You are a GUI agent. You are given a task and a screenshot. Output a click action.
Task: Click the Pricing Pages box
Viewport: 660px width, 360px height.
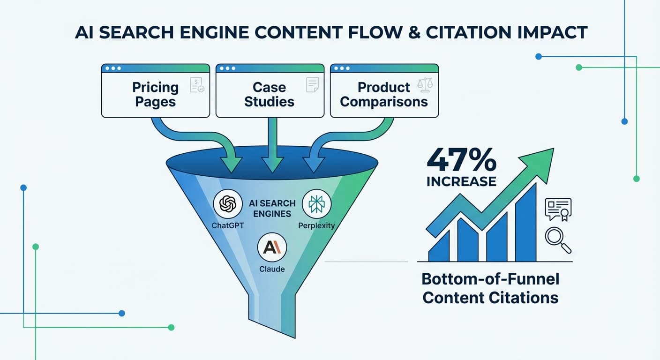(x=155, y=94)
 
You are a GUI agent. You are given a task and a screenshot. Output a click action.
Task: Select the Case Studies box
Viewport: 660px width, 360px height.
(x=270, y=94)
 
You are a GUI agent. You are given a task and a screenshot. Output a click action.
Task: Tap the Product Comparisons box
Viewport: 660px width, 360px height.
(x=384, y=94)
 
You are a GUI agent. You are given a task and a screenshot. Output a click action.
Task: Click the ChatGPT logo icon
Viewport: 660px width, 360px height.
(x=227, y=204)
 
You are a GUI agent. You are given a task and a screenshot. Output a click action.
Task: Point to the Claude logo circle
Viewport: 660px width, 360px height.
(x=272, y=247)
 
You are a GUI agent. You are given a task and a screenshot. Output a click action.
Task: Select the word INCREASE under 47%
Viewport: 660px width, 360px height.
(x=461, y=181)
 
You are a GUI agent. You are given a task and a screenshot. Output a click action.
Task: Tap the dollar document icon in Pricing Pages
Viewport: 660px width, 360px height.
(x=196, y=85)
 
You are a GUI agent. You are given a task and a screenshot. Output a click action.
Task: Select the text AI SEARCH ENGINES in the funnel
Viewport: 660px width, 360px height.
(x=272, y=209)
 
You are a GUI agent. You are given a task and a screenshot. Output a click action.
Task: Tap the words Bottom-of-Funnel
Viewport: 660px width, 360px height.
(x=490, y=279)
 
